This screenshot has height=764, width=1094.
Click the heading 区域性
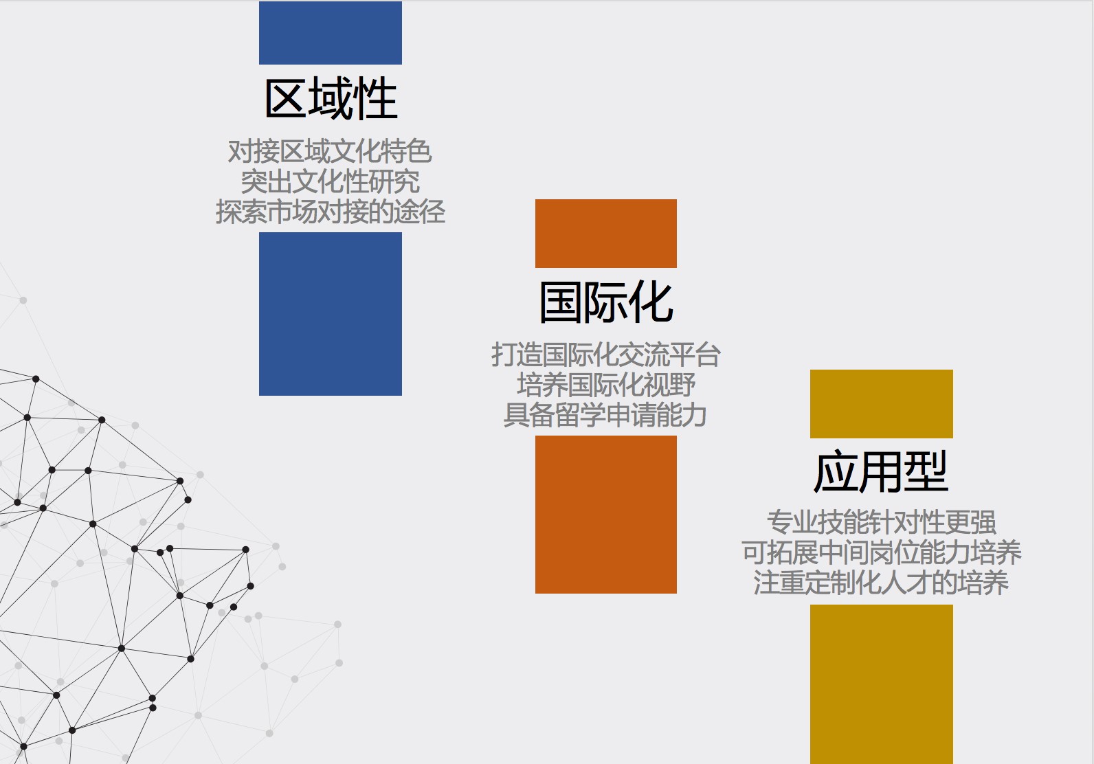331,99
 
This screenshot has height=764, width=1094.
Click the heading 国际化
606,303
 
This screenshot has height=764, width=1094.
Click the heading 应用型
881,471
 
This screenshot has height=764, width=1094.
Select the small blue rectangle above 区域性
331,33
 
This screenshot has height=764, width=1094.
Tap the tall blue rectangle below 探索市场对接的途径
331,314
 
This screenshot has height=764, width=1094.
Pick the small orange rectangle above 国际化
606,234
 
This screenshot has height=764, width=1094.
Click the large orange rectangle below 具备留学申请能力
606,515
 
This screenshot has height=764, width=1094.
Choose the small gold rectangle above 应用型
882,404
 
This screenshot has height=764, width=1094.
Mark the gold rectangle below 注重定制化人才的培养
882,684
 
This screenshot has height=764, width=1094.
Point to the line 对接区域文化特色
330,151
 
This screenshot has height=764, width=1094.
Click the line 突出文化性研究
330,181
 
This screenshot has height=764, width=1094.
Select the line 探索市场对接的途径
331,212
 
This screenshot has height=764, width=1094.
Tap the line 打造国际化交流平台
606,355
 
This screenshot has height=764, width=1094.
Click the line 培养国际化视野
606,385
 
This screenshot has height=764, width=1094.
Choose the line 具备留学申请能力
605,415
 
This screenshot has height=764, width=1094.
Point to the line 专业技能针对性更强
882,522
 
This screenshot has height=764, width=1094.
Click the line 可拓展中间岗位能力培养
882,552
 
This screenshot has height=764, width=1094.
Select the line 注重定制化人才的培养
881,583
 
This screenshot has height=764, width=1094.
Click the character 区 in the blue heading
286,99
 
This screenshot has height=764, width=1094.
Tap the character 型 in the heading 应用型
926,471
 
